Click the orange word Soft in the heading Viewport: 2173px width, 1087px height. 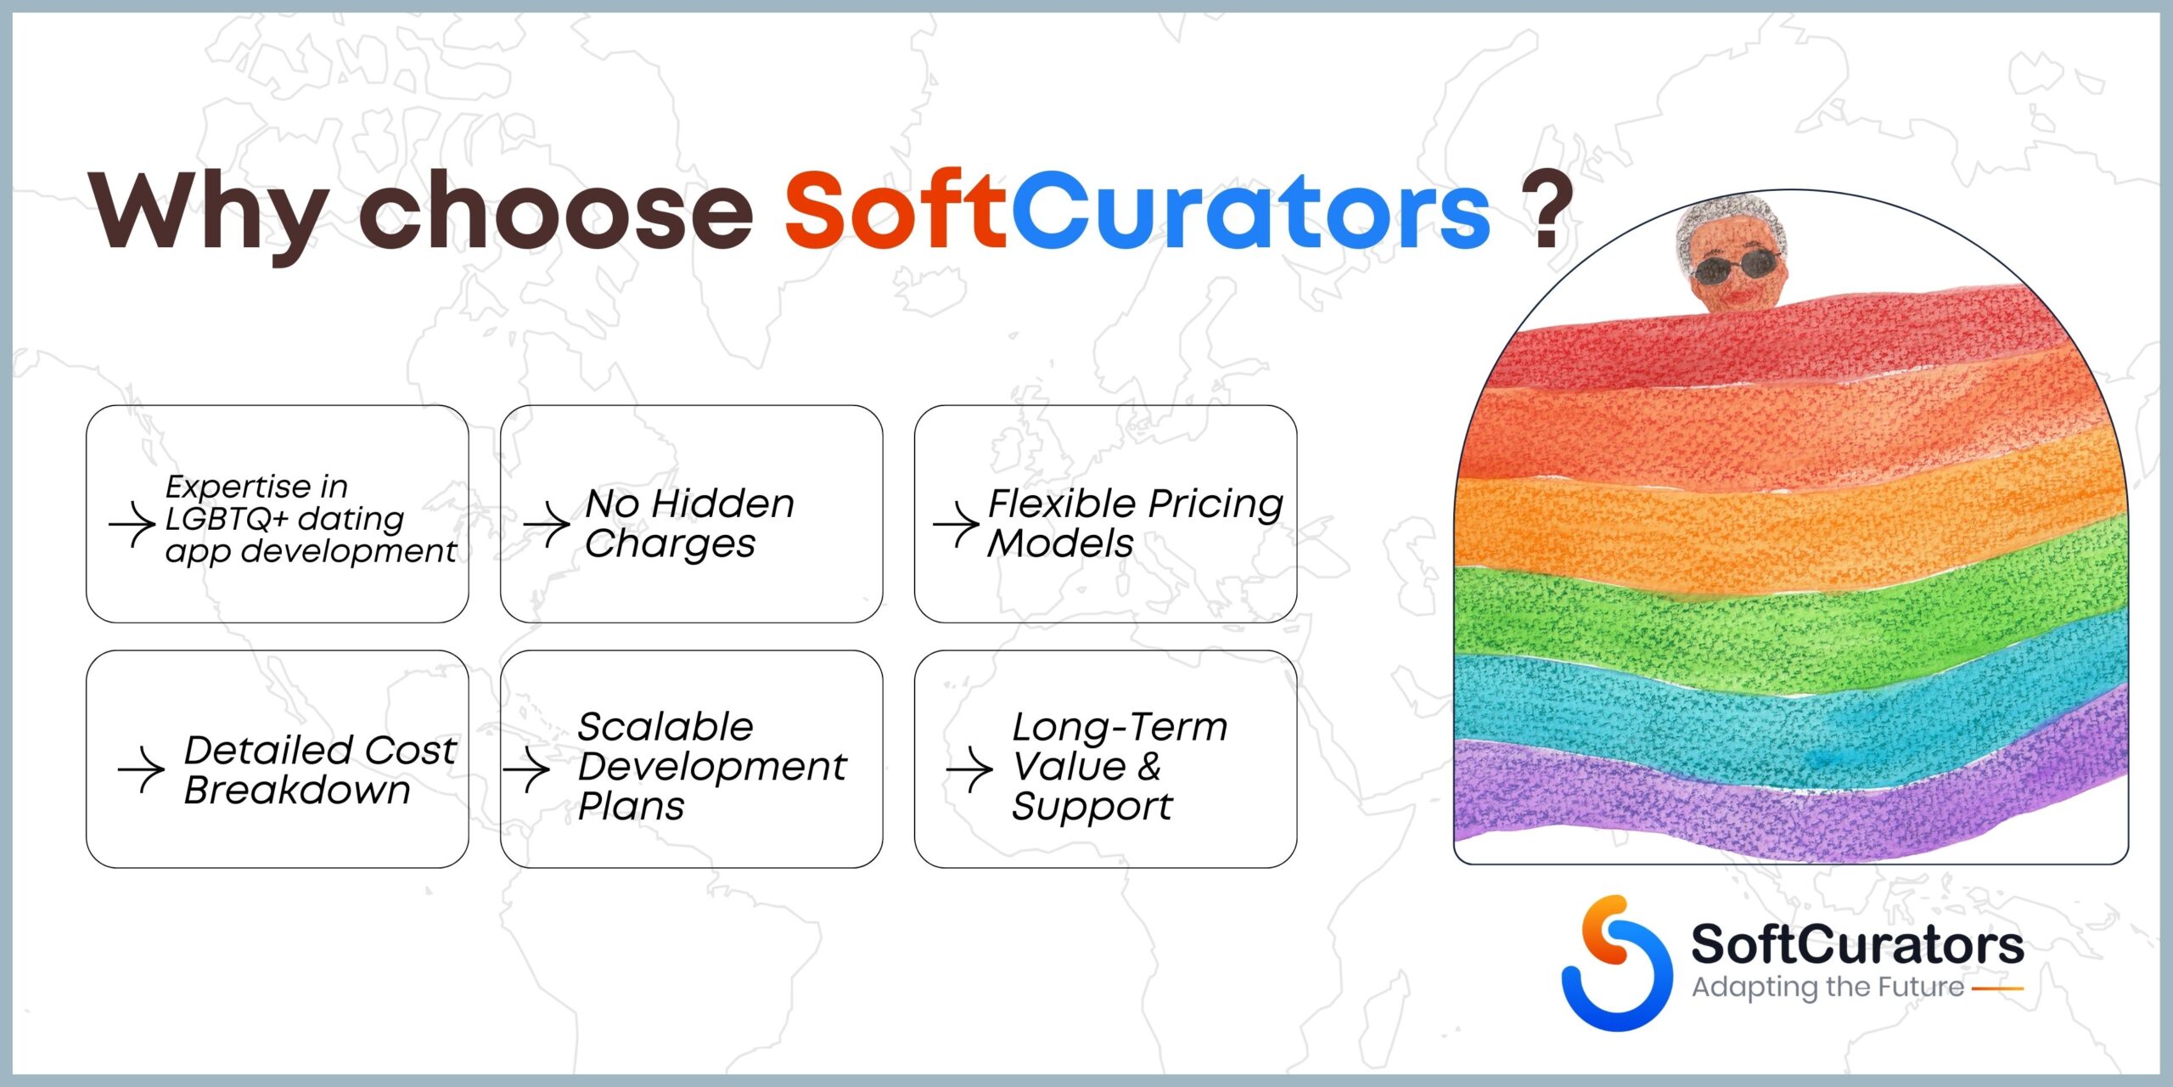click(x=896, y=209)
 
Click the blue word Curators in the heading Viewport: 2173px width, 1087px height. click(x=1250, y=209)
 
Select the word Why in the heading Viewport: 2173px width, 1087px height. click(x=209, y=217)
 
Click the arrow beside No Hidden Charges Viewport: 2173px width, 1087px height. click(x=547, y=525)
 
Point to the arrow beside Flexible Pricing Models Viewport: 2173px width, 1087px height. click(x=957, y=525)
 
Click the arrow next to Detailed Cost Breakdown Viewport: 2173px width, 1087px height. click(x=141, y=770)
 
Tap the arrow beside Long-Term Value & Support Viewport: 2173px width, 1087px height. click(x=969, y=770)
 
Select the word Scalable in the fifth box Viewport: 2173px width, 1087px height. click(x=665, y=727)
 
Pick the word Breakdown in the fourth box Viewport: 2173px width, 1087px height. click(x=297, y=790)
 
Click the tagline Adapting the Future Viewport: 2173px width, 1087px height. click(x=1828, y=987)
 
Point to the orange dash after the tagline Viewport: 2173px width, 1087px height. click(x=1997, y=988)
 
